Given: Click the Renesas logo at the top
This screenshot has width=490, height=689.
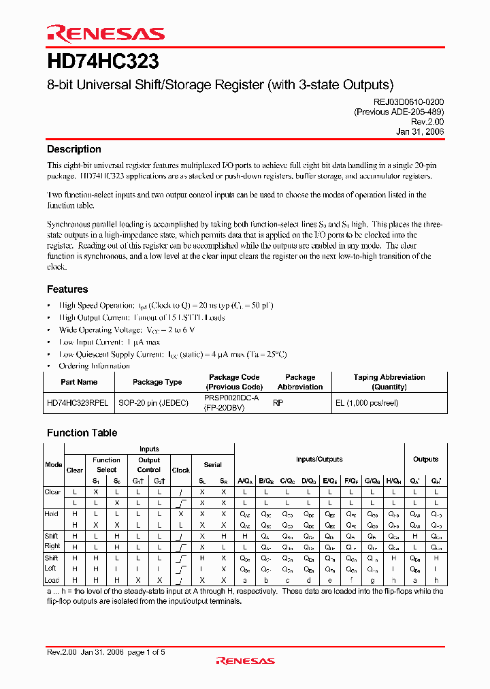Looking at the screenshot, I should coord(105,33).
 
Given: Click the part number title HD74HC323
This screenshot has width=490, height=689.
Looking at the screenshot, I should coord(103,62).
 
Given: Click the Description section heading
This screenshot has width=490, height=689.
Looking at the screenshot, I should coord(73,149).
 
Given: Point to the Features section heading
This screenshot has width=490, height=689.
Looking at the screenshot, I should coord(67,289).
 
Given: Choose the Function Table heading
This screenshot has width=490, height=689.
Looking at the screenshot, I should coord(82,433).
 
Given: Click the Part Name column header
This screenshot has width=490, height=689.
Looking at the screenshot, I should coord(79,382).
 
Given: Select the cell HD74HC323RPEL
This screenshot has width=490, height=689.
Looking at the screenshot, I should coord(78,402).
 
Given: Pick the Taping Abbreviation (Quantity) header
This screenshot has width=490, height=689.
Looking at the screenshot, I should coord(389,382).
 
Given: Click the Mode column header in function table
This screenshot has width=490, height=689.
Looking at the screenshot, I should coord(54,464).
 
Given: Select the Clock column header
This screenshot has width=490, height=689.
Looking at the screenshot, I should coord(180,470).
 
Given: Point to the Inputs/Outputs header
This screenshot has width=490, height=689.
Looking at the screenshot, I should coord(319,460).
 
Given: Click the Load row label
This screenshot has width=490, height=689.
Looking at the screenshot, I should coord(52,580).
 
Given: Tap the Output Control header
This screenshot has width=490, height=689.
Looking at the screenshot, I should coord(148,464).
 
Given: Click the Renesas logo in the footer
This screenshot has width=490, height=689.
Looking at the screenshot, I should coord(245,660).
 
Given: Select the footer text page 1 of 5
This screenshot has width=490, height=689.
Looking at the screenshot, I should coord(146,652).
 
